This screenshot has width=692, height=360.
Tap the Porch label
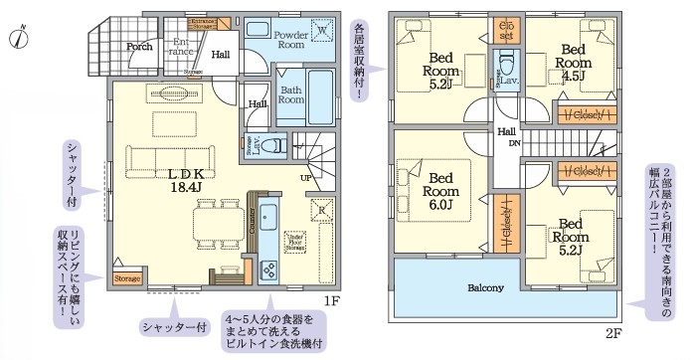138,46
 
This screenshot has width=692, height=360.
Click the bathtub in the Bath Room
322,95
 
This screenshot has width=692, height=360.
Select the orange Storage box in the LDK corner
126,279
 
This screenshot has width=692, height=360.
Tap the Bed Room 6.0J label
439,191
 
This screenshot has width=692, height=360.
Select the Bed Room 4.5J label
574,60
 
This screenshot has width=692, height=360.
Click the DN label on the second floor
514,143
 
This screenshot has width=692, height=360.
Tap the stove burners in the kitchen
267,270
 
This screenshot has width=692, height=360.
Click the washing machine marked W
322,32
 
